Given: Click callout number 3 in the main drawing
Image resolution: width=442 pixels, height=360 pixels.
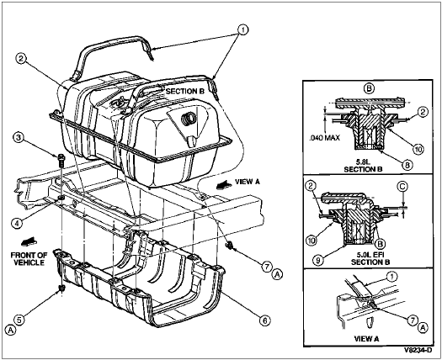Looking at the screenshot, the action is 19,138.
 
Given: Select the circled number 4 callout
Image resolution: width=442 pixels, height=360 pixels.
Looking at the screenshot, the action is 17,223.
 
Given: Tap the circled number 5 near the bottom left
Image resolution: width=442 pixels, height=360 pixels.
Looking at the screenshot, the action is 19,320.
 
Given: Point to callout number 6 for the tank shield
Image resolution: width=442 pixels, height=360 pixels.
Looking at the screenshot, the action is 264,320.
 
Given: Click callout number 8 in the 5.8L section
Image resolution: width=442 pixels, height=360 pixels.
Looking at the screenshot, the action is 407,165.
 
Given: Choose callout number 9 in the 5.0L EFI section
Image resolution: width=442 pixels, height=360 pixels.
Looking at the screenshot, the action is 318,261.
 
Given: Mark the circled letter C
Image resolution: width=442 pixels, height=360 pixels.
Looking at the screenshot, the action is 402,187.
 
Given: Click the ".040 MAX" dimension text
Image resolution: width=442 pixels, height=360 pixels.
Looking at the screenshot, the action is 324,138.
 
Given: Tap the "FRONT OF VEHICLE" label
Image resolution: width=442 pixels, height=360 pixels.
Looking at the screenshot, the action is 28,258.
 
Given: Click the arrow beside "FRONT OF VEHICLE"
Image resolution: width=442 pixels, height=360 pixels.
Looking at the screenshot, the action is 29,241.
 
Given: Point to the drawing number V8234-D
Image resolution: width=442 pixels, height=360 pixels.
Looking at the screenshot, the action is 418,350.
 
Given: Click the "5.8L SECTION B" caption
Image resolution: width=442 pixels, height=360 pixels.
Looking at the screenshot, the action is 363,167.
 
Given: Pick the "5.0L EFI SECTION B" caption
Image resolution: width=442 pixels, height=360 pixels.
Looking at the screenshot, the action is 370,258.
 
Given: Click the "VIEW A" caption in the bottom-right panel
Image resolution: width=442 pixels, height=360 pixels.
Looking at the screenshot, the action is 366,339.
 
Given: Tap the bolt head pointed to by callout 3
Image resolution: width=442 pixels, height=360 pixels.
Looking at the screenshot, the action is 61,157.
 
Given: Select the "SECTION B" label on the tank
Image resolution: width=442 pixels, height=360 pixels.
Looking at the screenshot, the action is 184,92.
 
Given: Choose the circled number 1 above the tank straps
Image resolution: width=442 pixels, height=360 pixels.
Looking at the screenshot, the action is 242,29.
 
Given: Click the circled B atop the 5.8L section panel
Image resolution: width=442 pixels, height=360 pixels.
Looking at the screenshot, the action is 369,88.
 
